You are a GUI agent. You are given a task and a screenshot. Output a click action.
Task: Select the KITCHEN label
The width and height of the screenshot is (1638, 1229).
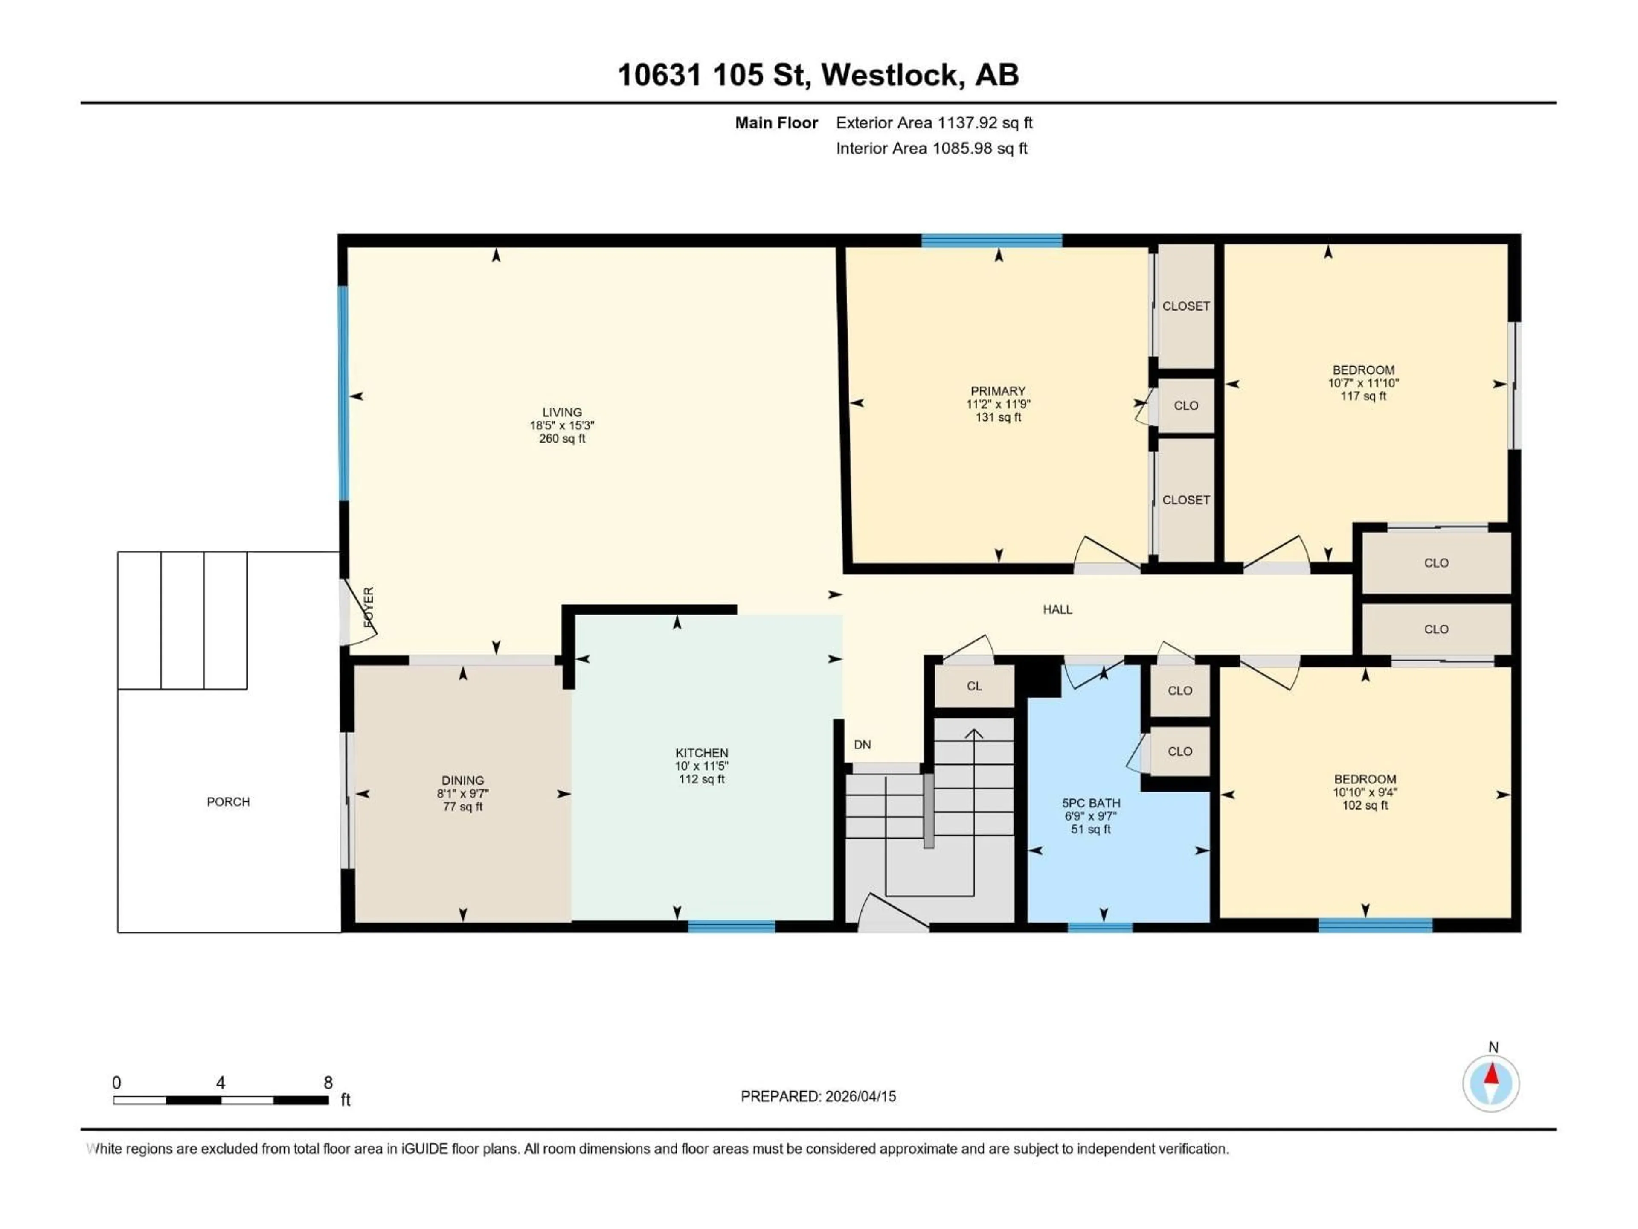(701, 753)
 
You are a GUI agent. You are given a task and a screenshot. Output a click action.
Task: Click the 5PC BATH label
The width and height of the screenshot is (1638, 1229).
(1091, 803)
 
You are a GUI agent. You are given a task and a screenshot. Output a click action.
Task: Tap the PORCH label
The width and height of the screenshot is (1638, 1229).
(228, 801)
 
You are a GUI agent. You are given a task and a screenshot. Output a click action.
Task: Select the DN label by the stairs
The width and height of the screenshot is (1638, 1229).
(862, 745)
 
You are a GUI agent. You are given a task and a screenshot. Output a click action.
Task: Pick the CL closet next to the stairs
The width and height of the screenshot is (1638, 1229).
(974, 686)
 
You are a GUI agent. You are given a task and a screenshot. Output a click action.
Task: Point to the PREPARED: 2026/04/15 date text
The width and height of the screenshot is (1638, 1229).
(818, 1096)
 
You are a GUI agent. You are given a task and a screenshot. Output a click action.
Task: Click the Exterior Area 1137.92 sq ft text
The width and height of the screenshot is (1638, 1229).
(934, 123)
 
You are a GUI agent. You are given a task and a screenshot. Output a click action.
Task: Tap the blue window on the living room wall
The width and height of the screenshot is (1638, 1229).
(343, 393)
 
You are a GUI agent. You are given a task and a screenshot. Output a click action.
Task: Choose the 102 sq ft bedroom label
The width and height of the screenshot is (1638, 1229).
(1364, 805)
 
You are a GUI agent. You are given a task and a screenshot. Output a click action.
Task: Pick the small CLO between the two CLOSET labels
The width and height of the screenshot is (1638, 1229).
(1185, 405)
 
